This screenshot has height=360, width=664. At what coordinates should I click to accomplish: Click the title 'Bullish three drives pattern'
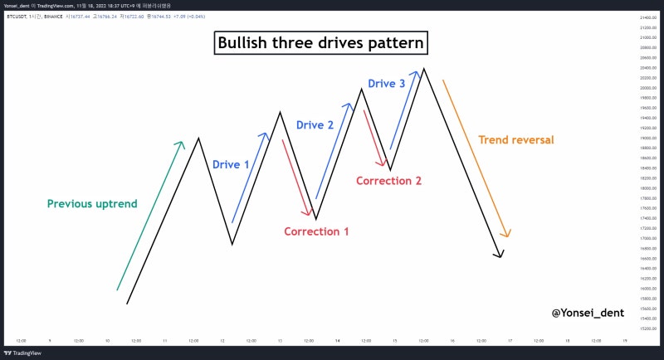(320, 43)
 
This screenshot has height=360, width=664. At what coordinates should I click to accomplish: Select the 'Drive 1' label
(231, 165)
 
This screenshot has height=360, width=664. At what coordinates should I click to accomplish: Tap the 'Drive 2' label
(315, 125)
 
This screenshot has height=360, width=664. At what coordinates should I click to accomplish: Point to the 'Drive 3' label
(387, 83)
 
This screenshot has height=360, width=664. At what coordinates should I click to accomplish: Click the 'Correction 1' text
(316, 231)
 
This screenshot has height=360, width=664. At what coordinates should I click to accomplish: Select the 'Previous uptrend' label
(92, 204)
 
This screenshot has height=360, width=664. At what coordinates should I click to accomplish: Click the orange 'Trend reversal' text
(516, 140)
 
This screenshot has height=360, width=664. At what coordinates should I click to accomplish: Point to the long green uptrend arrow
(149, 216)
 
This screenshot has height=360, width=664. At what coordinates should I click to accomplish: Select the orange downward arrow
(476, 158)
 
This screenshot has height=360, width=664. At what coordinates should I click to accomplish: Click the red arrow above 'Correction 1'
(296, 177)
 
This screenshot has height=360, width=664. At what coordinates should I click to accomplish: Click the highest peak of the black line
(423, 69)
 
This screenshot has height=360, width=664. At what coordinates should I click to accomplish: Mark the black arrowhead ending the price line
(500, 255)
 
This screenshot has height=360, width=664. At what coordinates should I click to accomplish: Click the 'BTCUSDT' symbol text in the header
(17, 16)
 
